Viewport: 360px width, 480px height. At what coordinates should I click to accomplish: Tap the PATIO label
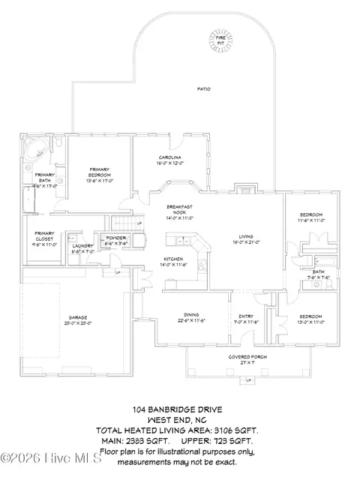[x=203, y=88]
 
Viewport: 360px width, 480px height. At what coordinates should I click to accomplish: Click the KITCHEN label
[x=174, y=259]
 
